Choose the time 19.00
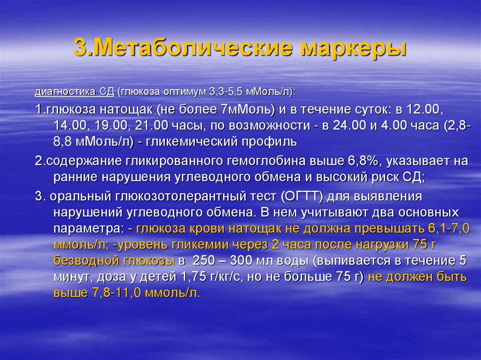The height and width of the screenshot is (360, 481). click(x=111, y=126)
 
